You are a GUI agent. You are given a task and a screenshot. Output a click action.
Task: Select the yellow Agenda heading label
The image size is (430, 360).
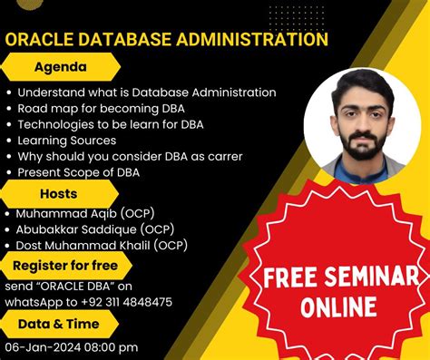(61, 67)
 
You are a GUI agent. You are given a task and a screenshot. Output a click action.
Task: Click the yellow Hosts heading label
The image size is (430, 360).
(58, 192)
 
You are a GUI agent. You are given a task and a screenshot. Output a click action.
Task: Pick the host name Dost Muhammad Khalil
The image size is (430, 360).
(87, 245)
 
